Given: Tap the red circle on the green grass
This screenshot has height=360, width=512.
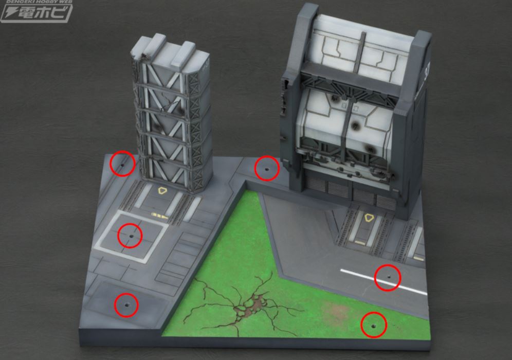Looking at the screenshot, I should tap(374, 325).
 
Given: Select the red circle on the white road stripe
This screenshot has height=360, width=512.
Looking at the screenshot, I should tap(388, 277).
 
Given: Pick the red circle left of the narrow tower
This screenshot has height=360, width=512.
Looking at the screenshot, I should tap(122, 164).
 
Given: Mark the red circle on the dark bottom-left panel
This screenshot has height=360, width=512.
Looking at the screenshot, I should tap(125, 304).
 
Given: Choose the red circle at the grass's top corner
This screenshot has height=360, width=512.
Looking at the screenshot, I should tap(266, 168).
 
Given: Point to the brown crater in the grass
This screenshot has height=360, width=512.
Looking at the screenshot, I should tap(246, 309).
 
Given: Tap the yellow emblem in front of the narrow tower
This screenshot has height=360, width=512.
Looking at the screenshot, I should tap(162, 191).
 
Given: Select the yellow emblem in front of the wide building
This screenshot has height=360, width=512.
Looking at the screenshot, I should tap(368, 218).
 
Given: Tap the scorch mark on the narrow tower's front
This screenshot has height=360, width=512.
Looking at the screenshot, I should tap(156, 127).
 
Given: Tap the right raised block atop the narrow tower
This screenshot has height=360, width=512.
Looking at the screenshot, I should tap(186, 53).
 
